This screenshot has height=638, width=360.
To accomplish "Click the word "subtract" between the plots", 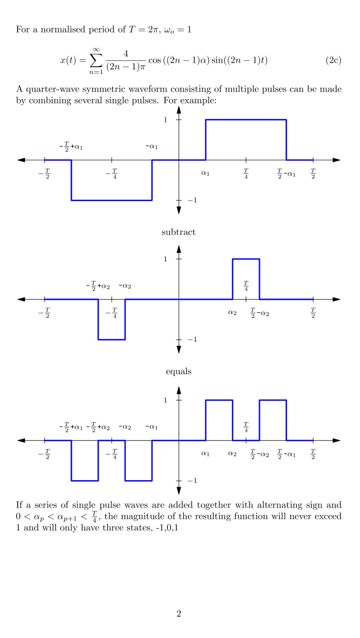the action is [x=179, y=232].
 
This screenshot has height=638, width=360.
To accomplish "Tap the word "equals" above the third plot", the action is [x=179, y=371].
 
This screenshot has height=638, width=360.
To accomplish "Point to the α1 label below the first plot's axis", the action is [x=206, y=173].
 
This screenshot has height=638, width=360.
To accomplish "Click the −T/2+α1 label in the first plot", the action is [x=71, y=147].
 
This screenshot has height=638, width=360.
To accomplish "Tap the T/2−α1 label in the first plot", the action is [x=286, y=173].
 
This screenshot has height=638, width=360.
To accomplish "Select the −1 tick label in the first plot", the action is [x=191, y=201].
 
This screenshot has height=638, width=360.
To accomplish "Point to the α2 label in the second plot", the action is [x=232, y=312].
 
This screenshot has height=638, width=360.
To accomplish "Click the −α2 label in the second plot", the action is [x=125, y=286].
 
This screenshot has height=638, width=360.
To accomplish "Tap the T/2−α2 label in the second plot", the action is [x=260, y=312].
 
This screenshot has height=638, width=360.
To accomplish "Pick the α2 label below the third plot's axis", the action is [x=232, y=454].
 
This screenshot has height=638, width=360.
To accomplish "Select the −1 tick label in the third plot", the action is [x=191, y=481].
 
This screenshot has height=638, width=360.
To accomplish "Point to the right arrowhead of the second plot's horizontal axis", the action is [x=336, y=299].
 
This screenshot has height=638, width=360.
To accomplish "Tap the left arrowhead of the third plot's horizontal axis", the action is [x=22, y=440].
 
